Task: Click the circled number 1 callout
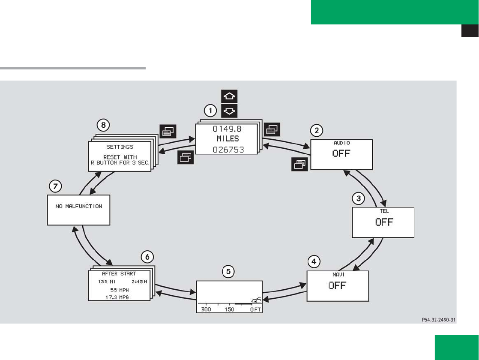210,111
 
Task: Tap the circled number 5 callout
228,271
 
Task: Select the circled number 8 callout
103,125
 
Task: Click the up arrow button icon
229,96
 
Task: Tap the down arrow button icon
229,111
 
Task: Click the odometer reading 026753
228,150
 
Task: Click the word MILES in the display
228,139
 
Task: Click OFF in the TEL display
384,222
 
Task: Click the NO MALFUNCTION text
79,206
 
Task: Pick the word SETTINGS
120,147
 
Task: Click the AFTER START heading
119,273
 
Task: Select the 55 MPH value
120,289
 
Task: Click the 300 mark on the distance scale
206,309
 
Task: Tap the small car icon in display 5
256,300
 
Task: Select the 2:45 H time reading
140,282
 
